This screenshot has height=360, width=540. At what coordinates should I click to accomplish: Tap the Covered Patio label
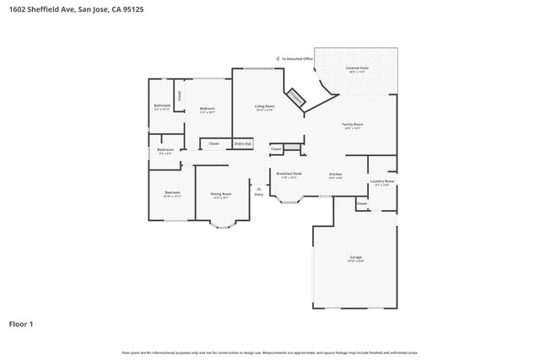pyautogui.click(x=358, y=67)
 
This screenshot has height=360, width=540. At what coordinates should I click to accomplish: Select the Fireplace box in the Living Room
pyautogui.click(x=296, y=97)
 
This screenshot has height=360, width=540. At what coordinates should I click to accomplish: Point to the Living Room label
pyautogui.click(x=265, y=107)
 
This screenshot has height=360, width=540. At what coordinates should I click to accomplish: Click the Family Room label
pyautogui.click(x=352, y=125)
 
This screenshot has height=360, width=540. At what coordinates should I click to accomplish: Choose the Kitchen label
pyautogui.click(x=335, y=174)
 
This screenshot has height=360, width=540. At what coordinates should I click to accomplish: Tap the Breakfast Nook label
pyautogui.click(x=289, y=174)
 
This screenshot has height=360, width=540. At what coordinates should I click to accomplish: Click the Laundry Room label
pyautogui.click(x=382, y=181)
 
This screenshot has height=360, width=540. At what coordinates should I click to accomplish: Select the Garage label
pyautogui.click(x=356, y=257)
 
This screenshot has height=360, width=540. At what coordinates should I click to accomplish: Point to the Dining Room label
pyautogui.click(x=221, y=194)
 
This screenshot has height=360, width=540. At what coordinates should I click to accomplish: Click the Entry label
pyautogui.click(x=258, y=195)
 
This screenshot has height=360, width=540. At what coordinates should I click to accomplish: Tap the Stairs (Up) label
pyautogui.click(x=243, y=144)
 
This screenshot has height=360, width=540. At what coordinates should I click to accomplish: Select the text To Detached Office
pyautogui.click(x=298, y=59)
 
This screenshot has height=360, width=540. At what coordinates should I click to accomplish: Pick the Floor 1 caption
pyautogui.click(x=22, y=323)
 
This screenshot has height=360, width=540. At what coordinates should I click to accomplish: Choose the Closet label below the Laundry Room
pyautogui.click(x=361, y=203)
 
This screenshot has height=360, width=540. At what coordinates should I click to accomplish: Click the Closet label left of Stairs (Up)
pyautogui.click(x=214, y=144)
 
